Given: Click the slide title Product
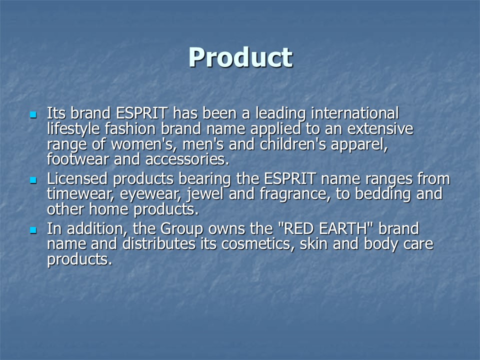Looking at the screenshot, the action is coord(240,58).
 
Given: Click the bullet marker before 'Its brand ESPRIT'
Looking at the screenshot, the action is coord(33,115).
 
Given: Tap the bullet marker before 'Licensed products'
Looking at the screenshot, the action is coord(33,180).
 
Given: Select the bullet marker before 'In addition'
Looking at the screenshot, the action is coord(33,230).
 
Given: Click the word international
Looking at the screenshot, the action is coord(355,113).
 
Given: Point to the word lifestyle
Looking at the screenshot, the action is coord(73,129).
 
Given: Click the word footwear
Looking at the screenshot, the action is coord(78,159).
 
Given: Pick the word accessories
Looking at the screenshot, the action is coord(187,159).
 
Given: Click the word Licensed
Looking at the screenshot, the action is coord(77,178).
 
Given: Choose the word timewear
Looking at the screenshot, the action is coord(80,194).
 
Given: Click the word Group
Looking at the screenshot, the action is coord(181,229).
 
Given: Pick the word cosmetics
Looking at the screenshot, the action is coord(258,244).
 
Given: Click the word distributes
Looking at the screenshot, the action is coord(158,243).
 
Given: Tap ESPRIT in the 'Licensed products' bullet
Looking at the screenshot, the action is coord(289,178).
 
